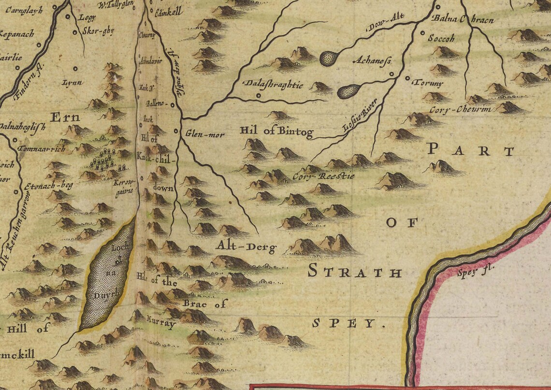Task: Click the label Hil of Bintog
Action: point(276,131)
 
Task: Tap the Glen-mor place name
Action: point(205,134)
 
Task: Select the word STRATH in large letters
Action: point(355,272)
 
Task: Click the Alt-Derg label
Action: point(246,247)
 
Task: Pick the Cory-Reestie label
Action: point(323,176)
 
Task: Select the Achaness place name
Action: point(372,61)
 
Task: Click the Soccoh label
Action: point(441,38)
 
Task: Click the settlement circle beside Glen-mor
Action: point(175,131)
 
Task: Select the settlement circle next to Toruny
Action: point(407,78)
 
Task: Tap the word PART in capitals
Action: point(471,151)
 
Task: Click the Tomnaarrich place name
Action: point(42,149)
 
